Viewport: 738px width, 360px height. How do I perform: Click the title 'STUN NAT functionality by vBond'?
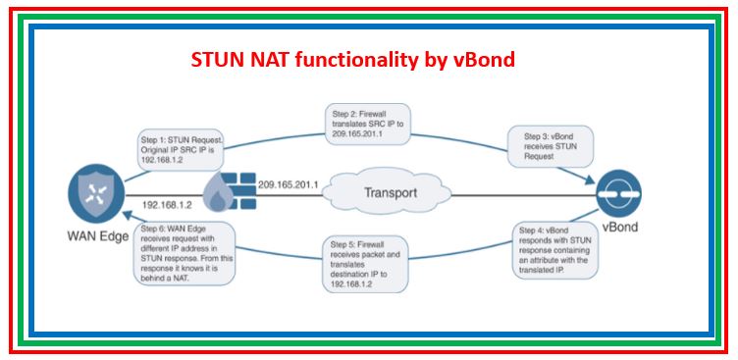(352, 61)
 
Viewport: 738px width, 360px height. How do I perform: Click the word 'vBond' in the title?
(481, 61)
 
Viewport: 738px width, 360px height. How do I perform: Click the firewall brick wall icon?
(228, 192)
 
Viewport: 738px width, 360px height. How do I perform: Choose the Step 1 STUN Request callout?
(182, 146)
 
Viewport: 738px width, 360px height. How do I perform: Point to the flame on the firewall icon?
(218, 201)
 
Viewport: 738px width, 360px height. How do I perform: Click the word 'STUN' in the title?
(218, 61)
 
